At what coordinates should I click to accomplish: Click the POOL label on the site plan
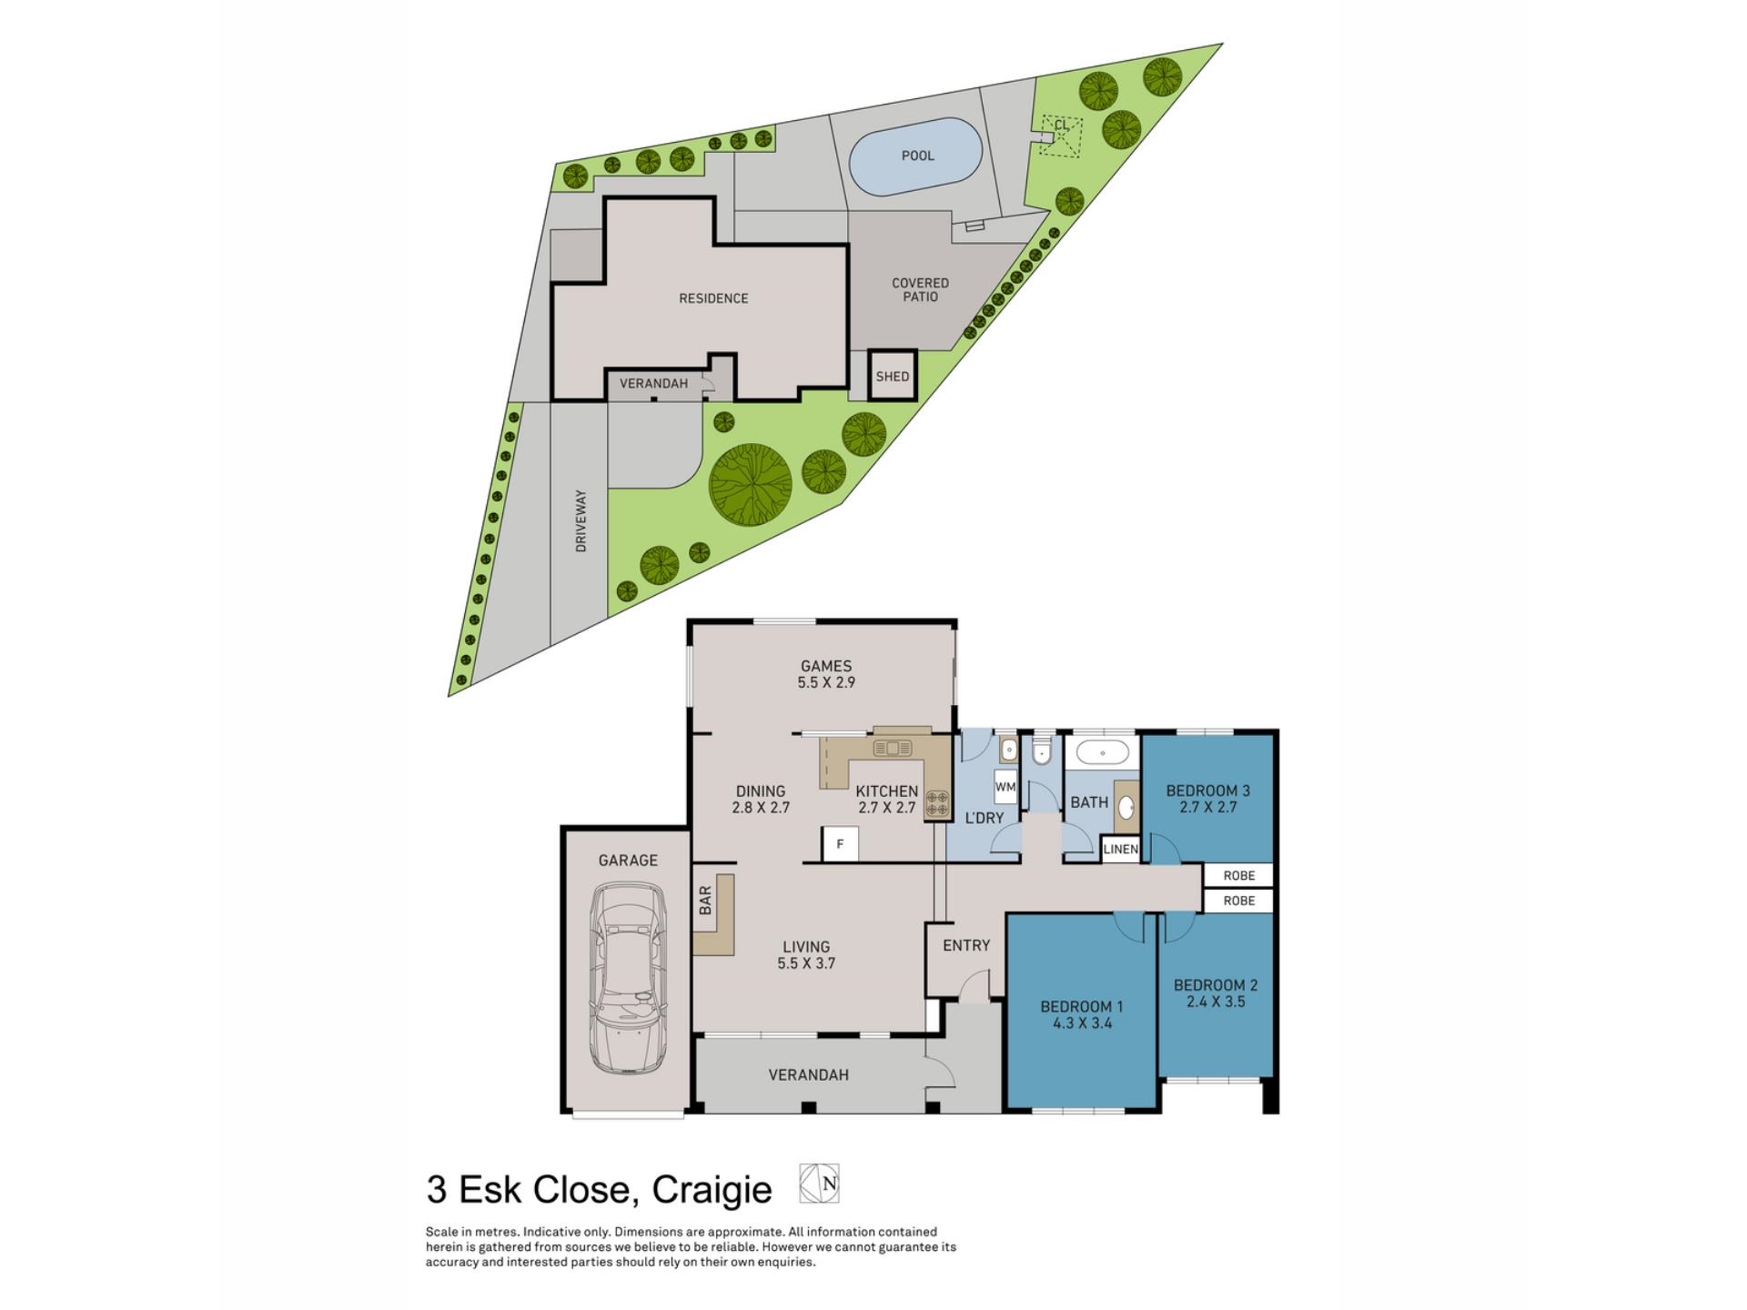coord(917,156)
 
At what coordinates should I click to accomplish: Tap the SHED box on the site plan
coord(892,376)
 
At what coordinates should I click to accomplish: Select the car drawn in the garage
coord(628,978)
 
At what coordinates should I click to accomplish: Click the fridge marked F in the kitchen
coord(840,844)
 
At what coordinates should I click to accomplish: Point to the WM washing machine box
coord(1005,787)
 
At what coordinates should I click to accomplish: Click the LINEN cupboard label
coord(1120,849)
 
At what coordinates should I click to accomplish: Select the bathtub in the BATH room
coord(1102,753)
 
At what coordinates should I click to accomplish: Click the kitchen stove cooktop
coord(936,802)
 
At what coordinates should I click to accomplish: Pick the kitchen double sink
coord(893,748)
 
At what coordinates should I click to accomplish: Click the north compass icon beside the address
coord(819,1184)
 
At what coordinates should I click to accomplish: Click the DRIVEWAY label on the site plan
coord(581,521)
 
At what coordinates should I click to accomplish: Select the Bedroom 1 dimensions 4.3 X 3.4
coord(1081,1023)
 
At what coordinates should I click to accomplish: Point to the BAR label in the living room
coord(705,900)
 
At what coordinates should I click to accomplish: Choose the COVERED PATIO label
coord(920,289)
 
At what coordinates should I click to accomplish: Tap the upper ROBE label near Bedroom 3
coord(1238,875)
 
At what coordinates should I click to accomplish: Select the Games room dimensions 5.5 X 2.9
coord(825,682)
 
